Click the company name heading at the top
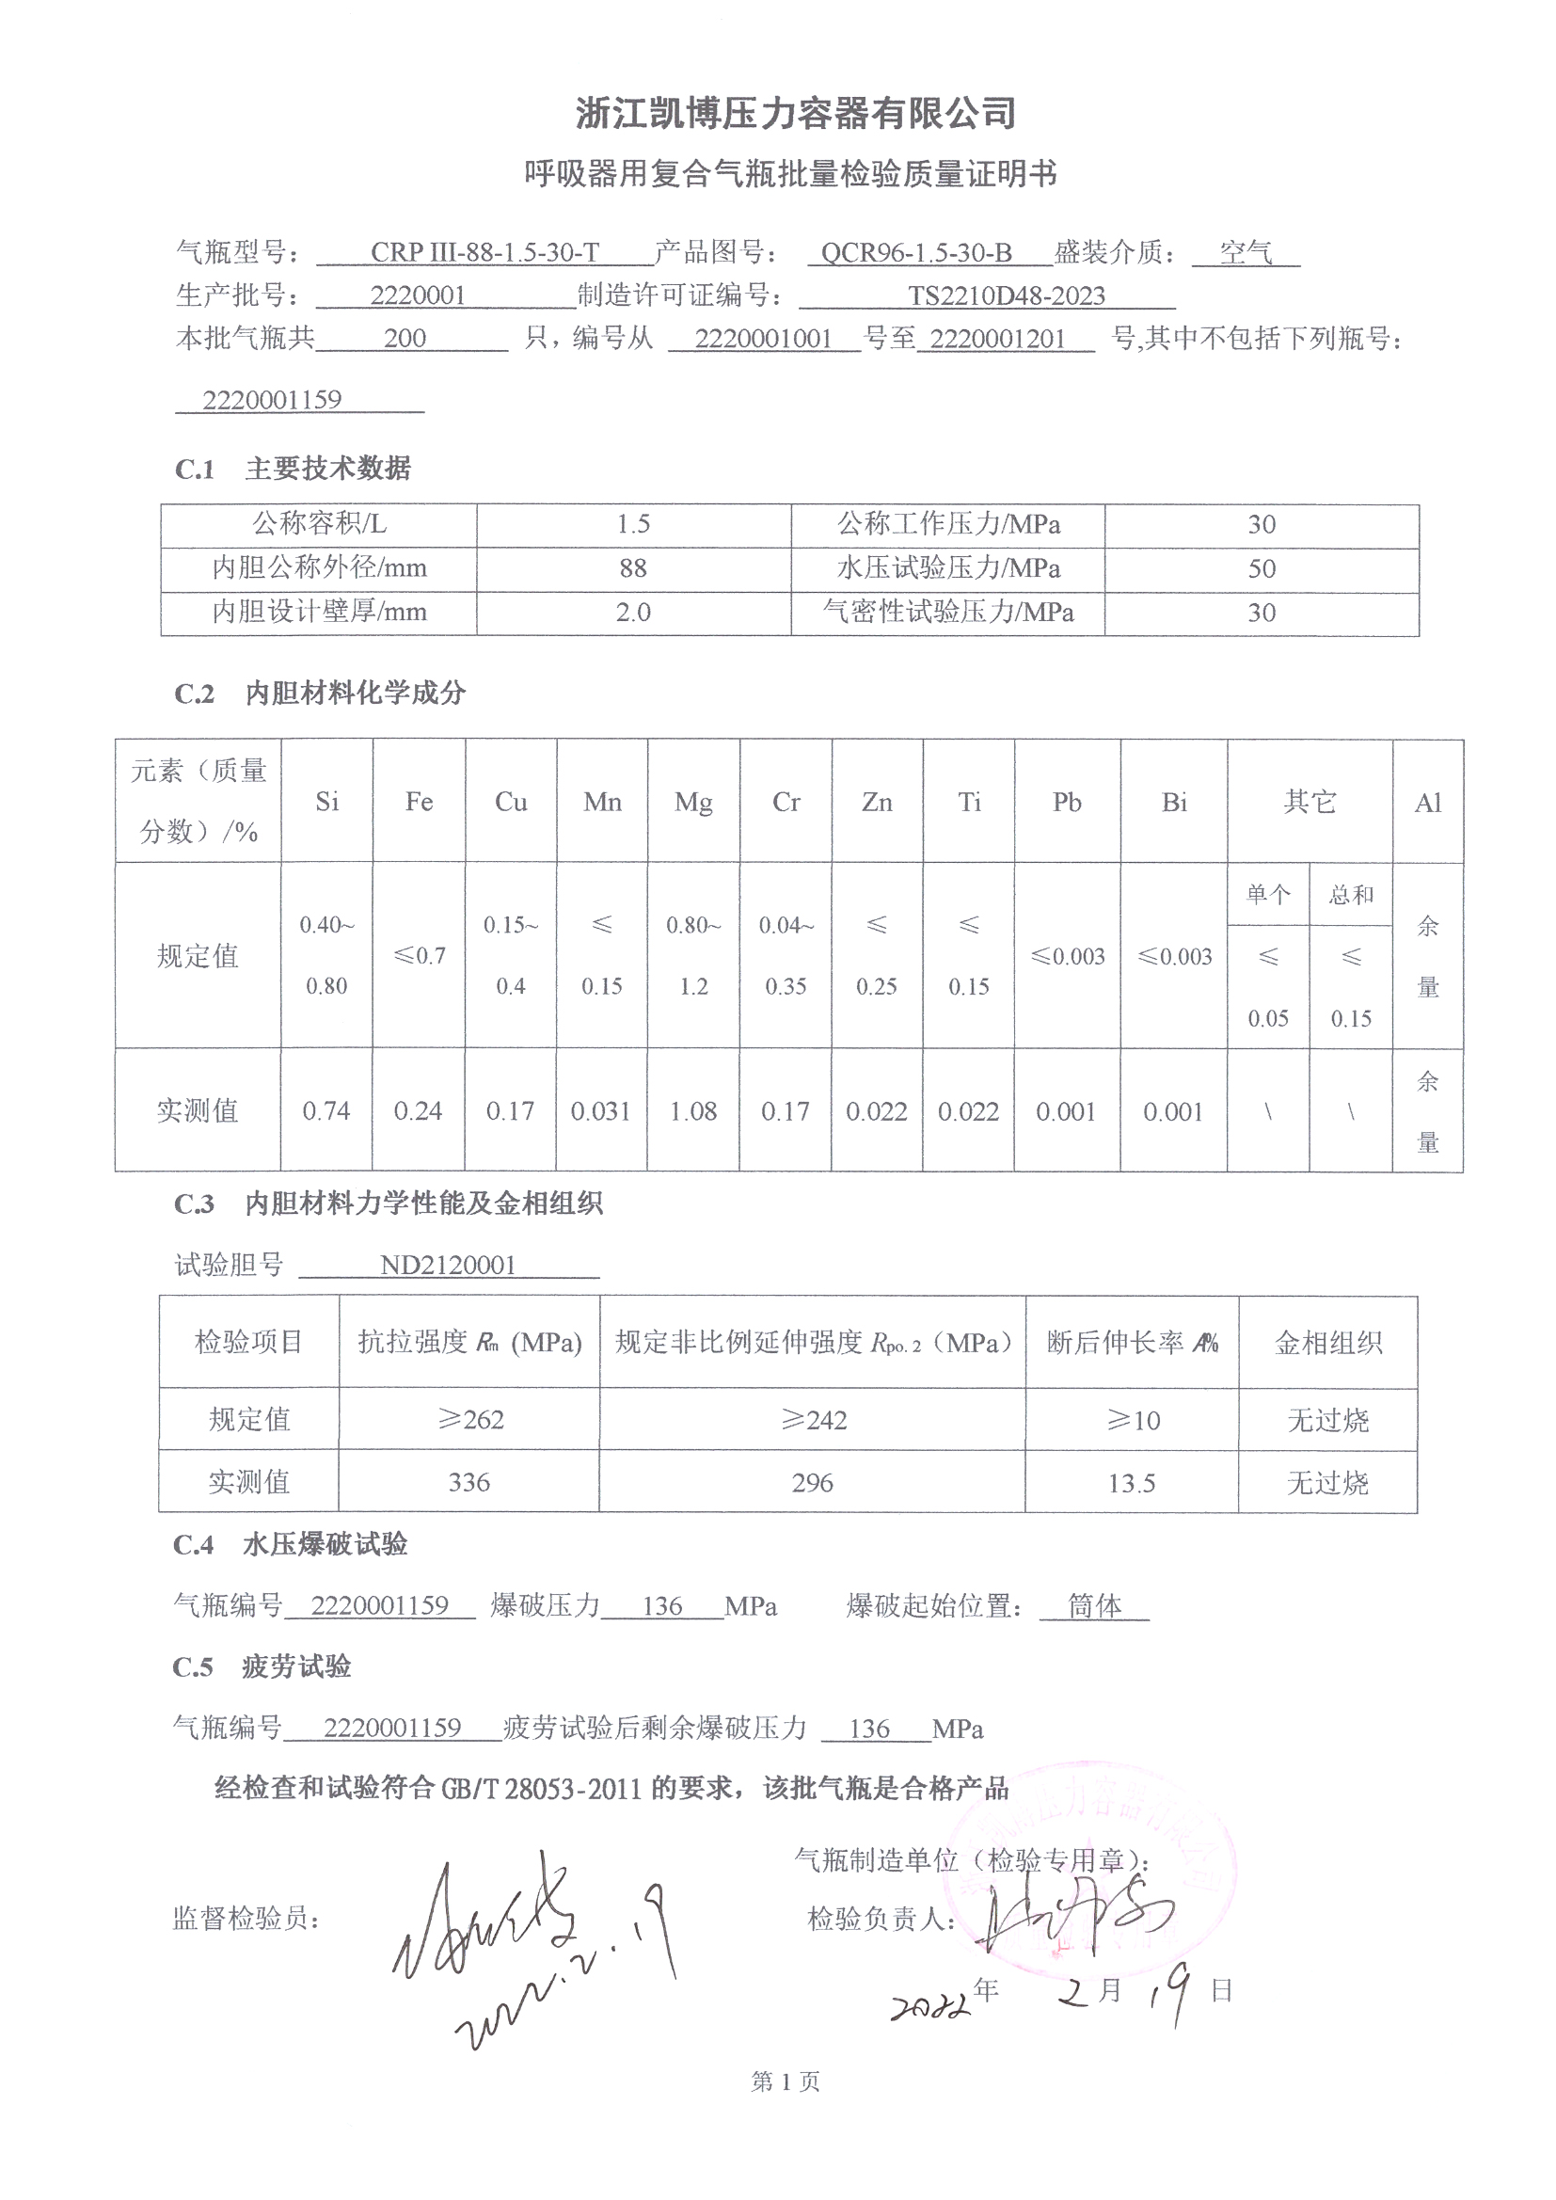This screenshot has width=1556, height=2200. click(795, 113)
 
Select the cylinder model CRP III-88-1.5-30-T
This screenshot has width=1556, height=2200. click(484, 253)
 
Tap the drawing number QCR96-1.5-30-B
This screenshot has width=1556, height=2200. click(916, 253)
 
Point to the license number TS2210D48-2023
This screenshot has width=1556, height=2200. click(1006, 296)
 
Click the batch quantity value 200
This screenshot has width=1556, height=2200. click(405, 338)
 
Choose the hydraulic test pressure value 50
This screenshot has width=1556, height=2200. click(1261, 569)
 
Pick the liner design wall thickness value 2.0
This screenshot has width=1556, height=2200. click(633, 614)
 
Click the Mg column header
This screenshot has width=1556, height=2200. click(692, 802)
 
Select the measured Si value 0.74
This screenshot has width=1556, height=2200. click(325, 1111)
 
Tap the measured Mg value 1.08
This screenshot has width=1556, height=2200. click(692, 1111)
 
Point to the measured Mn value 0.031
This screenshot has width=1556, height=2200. click(601, 1111)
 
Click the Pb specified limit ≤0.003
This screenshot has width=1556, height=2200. click(1068, 956)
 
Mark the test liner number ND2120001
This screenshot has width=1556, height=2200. click(448, 1266)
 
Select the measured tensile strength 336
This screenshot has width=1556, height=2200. click(468, 1483)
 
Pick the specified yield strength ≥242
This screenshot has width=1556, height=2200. click(813, 1420)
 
